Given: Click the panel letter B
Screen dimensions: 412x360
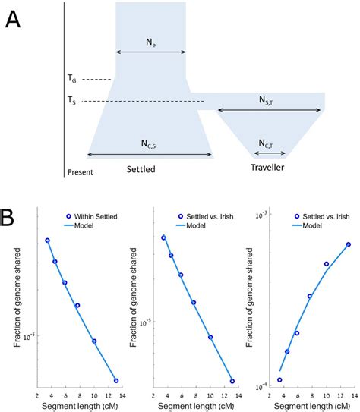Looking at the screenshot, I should click(x=14, y=219).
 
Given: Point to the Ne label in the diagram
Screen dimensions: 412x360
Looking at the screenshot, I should click(x=150, y=42).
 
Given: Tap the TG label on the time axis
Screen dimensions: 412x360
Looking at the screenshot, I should click(x=71, y=78).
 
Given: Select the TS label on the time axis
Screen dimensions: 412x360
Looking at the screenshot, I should click(x=71, y=101).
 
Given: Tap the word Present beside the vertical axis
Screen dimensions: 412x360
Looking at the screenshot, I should click(x=81, y=172).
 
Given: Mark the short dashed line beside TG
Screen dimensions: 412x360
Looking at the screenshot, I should click(x=96, y=79).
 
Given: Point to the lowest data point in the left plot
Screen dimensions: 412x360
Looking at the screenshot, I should click(x=116, y=380).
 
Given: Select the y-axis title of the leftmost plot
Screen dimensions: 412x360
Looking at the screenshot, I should click(x=17, y=302).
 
